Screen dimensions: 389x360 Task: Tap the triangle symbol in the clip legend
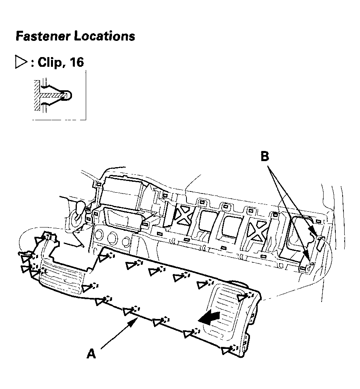(x=20, y=62)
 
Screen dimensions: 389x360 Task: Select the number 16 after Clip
(x=76, y=62)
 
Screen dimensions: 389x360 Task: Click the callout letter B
(x=265, y=156)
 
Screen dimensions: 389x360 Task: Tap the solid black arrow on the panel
(x=210, y=317)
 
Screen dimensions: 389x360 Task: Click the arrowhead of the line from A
(x=136, y=320)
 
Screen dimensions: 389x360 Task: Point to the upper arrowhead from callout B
(x=313, y=233)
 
